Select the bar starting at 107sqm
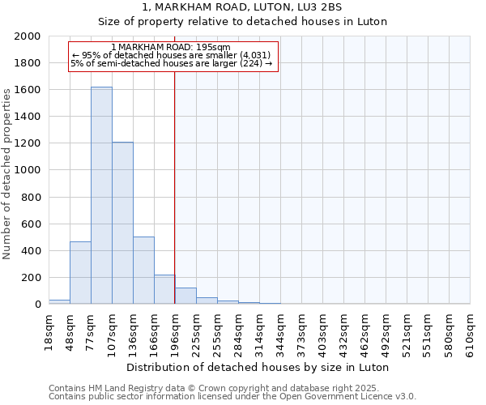click(x=122, y=223)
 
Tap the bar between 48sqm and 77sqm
click(x=80, y=272)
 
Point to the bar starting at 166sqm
click(x=164, y=289)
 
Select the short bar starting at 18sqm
click(x=59, y=301)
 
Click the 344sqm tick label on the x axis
click(x=280, y=330)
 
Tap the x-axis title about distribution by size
click(x=258, y=367)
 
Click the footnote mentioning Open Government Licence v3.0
click(x=232, y=397)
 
